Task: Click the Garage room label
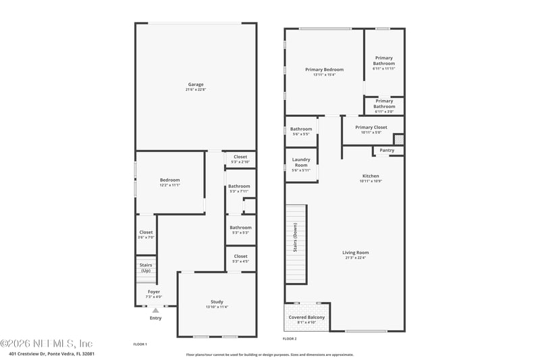coord(196,84)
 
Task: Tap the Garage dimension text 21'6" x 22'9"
coord(196,90)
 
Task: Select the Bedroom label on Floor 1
coord(169,180)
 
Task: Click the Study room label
coord(217,302)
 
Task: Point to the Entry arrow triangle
coord(155,310)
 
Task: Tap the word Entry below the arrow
coord(155,318)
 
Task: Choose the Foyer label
coord(154,292)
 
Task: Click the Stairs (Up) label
coord(146,268)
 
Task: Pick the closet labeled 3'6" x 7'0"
coord(146,235)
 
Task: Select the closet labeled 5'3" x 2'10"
coord(240,159)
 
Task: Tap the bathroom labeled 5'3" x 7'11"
coord(239,188)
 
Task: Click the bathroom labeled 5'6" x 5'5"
coord(301,131)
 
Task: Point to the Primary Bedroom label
coord(324,70)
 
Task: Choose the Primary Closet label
coord(371,127)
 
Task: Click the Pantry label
coord(387,150)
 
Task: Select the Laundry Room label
coord(301,162)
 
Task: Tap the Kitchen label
coord(371,176)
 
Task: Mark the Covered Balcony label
coord(307,317)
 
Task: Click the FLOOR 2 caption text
coord(290,338)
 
